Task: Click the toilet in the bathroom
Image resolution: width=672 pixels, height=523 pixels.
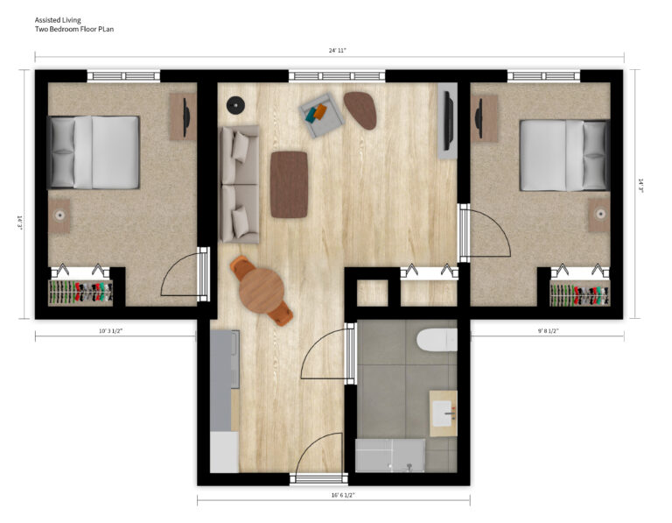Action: [x=437, y=339]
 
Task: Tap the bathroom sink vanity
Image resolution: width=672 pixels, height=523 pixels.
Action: [x=444, y=413]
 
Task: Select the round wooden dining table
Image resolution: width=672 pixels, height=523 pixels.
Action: [x=261, y=288]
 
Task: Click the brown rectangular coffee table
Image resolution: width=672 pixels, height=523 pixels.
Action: [x=289, y=184]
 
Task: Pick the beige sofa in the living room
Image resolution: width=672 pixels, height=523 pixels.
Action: [x=239, y=184]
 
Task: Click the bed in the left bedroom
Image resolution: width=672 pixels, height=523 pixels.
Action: [x=94, y=152]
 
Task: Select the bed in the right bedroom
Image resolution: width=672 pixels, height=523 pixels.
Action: [x=564, y=155]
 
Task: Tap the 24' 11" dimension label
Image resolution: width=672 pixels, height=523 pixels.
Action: [x=338, y=51]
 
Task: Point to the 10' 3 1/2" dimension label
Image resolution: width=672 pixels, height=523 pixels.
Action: [x=115, y=331]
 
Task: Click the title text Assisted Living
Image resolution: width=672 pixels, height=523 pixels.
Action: [x=58, y=19]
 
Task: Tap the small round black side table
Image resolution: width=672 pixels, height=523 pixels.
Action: [x=234, y=107]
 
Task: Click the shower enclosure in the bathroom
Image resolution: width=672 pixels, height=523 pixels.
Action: [x=390, y=456]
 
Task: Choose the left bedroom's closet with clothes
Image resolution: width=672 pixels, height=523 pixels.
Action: [x=80, y=292]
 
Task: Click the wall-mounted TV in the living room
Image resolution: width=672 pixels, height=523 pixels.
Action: [x=448, y=120]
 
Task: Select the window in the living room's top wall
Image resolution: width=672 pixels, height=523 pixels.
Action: [x=337, y=76]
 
